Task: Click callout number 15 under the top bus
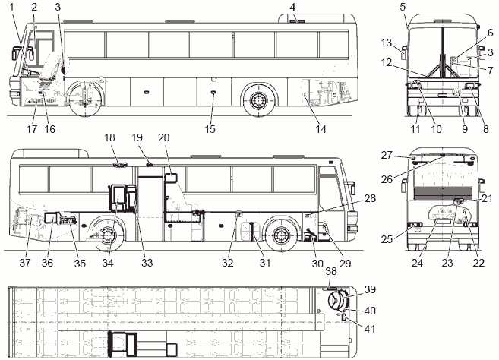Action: [210, 129]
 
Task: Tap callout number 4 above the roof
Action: [292, 7]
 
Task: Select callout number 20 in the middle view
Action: [163, 137]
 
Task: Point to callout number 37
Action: [25, 263]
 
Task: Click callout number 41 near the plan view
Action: [369, 329]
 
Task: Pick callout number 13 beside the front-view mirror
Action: [386, 43]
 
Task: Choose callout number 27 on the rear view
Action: [387, 155]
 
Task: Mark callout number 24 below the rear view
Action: [417, 263]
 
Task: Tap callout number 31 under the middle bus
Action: [265, 263]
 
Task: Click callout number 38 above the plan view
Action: [331, 271]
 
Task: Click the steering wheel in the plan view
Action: [335, 300]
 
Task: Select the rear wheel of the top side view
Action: [257, 100]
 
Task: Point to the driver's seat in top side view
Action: [49, 68]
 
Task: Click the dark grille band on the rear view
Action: [443, 192]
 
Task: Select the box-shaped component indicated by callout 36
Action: [50, 218]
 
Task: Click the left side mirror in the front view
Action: [404, 53]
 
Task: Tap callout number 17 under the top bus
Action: [32, 129]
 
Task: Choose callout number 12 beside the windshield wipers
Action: [386, 63]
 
